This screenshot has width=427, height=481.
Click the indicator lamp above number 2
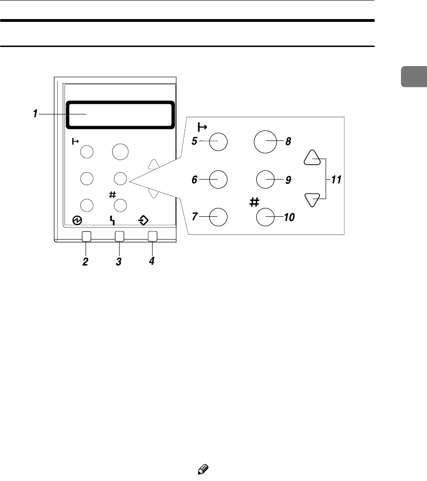[86, 236]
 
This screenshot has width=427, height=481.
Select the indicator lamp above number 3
[119, 236]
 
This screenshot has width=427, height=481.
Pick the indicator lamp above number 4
[152, 236]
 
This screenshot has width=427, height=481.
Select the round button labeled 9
[265, 179]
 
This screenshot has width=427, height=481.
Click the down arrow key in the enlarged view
[312, 199]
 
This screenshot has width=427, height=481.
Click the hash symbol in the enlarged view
[254, 201]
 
